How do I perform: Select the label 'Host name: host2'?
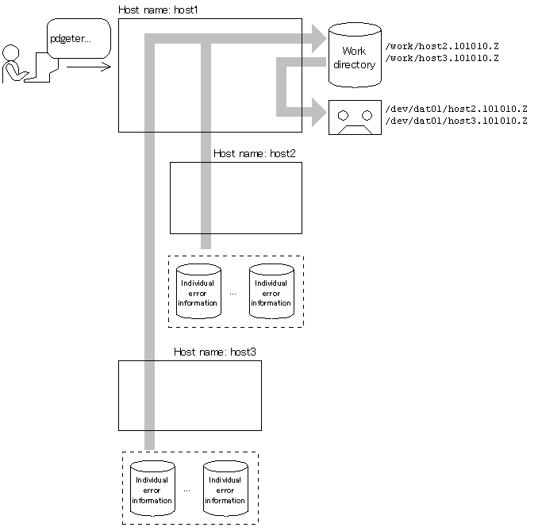coord(254,153)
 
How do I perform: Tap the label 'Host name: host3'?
coord(214,352)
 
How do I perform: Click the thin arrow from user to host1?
coord(88,67)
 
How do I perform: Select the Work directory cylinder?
coord(355,55)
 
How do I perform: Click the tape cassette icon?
coord(355,117)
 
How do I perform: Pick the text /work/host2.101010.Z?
coord(441,46)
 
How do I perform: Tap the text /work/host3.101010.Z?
coord(441,59)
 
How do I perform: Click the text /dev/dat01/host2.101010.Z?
coord(456,108)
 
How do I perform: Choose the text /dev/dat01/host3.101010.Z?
coord(456,121)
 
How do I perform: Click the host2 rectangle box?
coord(236,198)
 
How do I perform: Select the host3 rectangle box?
coord(190,395)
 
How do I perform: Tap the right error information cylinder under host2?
coord(271,291)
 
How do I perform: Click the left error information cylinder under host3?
coord(152,489)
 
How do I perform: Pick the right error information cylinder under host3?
coord(225,489)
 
